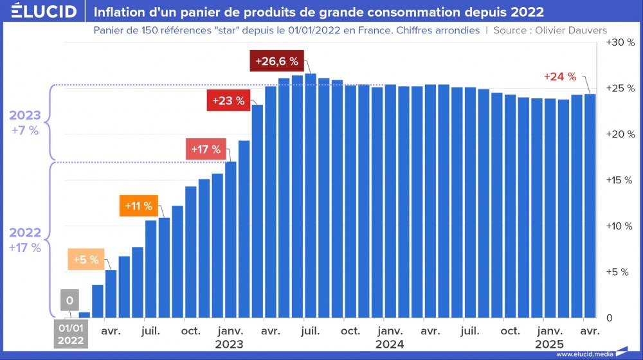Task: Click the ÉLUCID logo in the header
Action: click(x=44, y=12)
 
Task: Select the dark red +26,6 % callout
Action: click(x=276, y=61)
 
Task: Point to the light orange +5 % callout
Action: click(x=86, y=260)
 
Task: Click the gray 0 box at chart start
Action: click(x=69, y=300)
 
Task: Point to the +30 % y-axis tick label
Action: click(x=620, y=42)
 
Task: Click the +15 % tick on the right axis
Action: click(x=620, y=180)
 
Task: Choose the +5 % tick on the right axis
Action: click(x=620, y=272)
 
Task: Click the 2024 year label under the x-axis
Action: click(x=390, y=344)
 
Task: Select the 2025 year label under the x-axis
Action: click(x=549, y=344)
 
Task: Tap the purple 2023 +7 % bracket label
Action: click(x=25, y=123)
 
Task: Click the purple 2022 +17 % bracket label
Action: click(x=25, y=240)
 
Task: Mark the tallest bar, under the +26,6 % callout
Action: click(x=311, y=193)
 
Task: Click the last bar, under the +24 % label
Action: click(x=590, y=206)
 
